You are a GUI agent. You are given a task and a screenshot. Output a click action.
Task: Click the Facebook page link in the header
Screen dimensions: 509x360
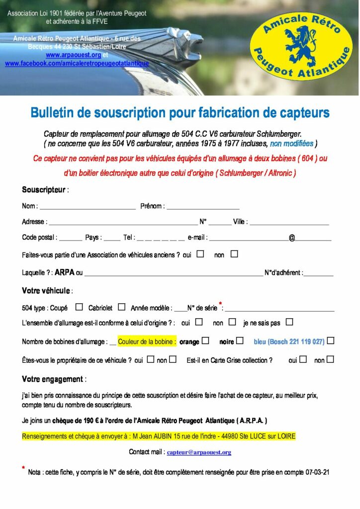(x=77, y=64)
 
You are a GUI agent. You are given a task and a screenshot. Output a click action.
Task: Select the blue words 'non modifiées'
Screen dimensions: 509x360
(x=291, y=144)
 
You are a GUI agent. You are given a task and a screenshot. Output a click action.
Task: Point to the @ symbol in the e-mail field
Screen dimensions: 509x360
(x=292, y=238)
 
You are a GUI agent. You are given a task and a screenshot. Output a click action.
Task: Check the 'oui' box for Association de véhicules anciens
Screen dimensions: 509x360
(x=200, y=254)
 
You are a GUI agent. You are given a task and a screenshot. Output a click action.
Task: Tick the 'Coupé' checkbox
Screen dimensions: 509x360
(x=79, y=307)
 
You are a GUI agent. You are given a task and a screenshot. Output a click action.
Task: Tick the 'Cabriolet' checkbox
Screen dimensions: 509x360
(x=121, y=307)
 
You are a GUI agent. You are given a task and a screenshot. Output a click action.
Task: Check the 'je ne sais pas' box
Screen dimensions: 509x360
(x=289, y=322)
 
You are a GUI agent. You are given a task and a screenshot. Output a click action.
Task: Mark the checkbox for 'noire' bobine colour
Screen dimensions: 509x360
(x=240, y=341)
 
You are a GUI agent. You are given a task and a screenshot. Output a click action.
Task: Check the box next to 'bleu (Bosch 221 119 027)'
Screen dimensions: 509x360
(x=331, y=341)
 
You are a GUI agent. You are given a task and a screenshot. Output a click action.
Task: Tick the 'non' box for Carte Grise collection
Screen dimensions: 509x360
(x=330, y=359)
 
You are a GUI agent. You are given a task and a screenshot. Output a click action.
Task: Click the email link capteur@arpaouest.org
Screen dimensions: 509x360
(x=199, y=452)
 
